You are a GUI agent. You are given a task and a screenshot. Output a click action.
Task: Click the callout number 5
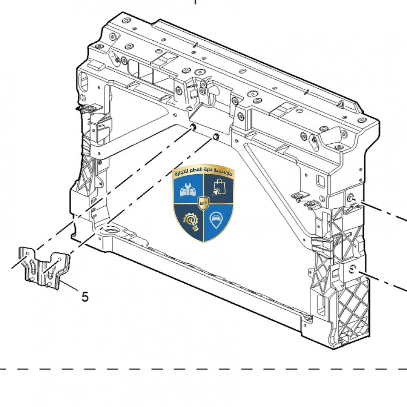pyautogui.click(x=85, y=297)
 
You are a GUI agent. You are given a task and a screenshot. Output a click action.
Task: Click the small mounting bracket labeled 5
pyautogui.click(x=44, y=269)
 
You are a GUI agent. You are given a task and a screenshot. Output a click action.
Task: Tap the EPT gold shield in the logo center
pyautogui.click(x=203, y=203)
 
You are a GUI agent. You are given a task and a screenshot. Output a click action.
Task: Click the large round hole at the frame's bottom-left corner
pyautogui.click(x=111, y=230)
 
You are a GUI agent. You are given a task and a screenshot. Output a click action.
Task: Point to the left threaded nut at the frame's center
pyautogui.click(x=193, y=127)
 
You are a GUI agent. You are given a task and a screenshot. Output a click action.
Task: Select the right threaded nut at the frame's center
pyautogui.click(x=215, y=136)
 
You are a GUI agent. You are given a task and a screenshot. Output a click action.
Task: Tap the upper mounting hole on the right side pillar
pyautogui.click(x=351, y=198)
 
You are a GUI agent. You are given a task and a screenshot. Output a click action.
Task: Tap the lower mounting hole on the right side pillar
pyautogui.click(x=352, y=269)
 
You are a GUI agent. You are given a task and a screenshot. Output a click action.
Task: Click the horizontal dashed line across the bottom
pyautogui.click(x=203, y=369)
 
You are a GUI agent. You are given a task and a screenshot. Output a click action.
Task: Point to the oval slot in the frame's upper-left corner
pyautogui.click(x=84, y=82)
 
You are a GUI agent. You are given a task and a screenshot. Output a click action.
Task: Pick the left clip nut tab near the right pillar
pyautogui.click(x=300, y=197)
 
